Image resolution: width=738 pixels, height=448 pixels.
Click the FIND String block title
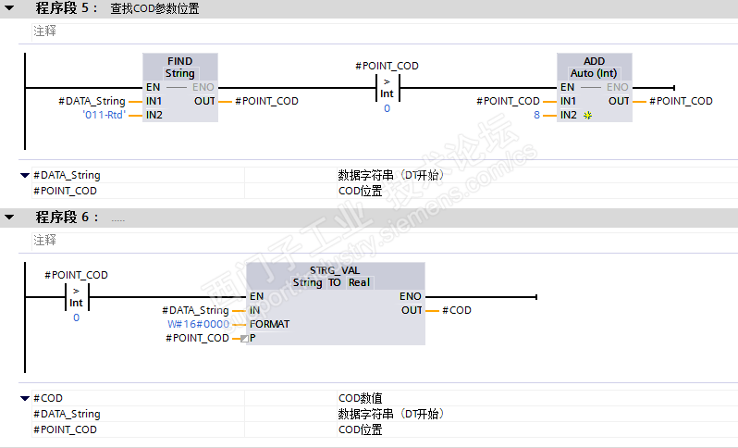click(x=180, y=67)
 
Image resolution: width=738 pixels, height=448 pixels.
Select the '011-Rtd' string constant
click(x=105, y=116)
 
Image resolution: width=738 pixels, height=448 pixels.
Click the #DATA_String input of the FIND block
click(x=92, y=101)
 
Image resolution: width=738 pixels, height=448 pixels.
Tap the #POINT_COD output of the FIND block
click(x=267, y=101)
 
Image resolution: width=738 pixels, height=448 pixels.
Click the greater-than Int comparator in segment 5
click(x=387, y=87)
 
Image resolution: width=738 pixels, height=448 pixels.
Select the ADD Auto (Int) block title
click(x=594, y=67)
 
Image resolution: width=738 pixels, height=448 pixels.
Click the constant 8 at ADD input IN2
click(x=536, y=116)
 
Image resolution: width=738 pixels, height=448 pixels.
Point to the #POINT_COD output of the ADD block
click(x=681, y=101)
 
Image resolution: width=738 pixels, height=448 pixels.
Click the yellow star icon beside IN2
click(x=587, y=116)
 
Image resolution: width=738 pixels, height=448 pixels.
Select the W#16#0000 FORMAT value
click(x=198, y=324)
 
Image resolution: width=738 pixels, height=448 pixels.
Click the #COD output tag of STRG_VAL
click(x=457, y=310)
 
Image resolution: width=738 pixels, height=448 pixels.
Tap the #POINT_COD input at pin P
click(x=197, y=338)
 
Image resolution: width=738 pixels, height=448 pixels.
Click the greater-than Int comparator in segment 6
click(x=76, y=296)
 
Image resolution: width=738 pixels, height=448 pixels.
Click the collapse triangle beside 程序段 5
click(x=9, y=9)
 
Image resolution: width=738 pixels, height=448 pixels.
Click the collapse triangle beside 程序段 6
click(x=9, y=218)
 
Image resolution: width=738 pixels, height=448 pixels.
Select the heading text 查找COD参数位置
click(x=154, y=9)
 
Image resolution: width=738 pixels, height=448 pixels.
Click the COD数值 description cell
click(x=361, y=398)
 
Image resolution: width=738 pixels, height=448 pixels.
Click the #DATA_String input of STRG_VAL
click(x=195, y=310)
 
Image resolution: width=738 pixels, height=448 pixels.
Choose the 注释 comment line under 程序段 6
click(x=44, y=240)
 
